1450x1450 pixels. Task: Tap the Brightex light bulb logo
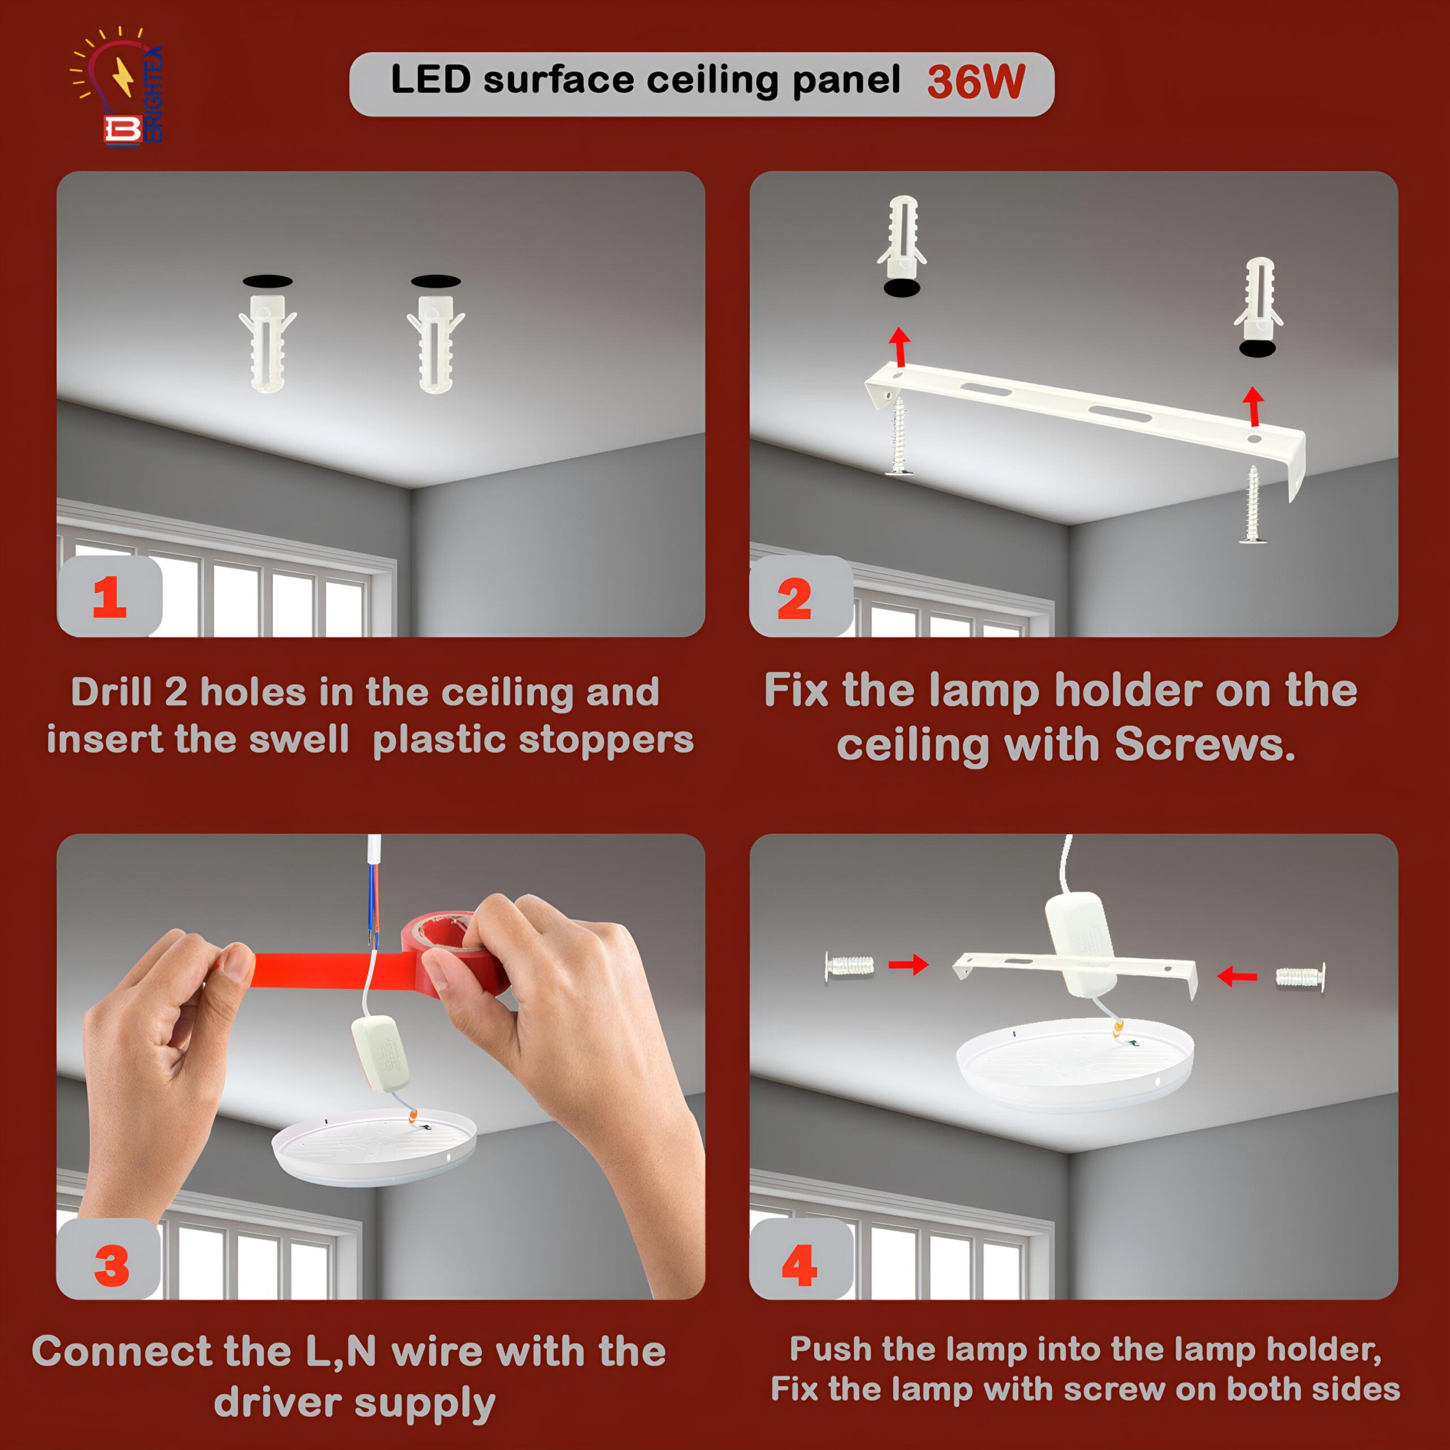coord(116,86)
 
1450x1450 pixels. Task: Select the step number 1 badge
coord(109,596)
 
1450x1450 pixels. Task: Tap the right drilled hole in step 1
coord(436,282)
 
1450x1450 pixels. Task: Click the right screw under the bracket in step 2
coord(1253,504)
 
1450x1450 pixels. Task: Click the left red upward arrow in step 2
coord(899,347)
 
